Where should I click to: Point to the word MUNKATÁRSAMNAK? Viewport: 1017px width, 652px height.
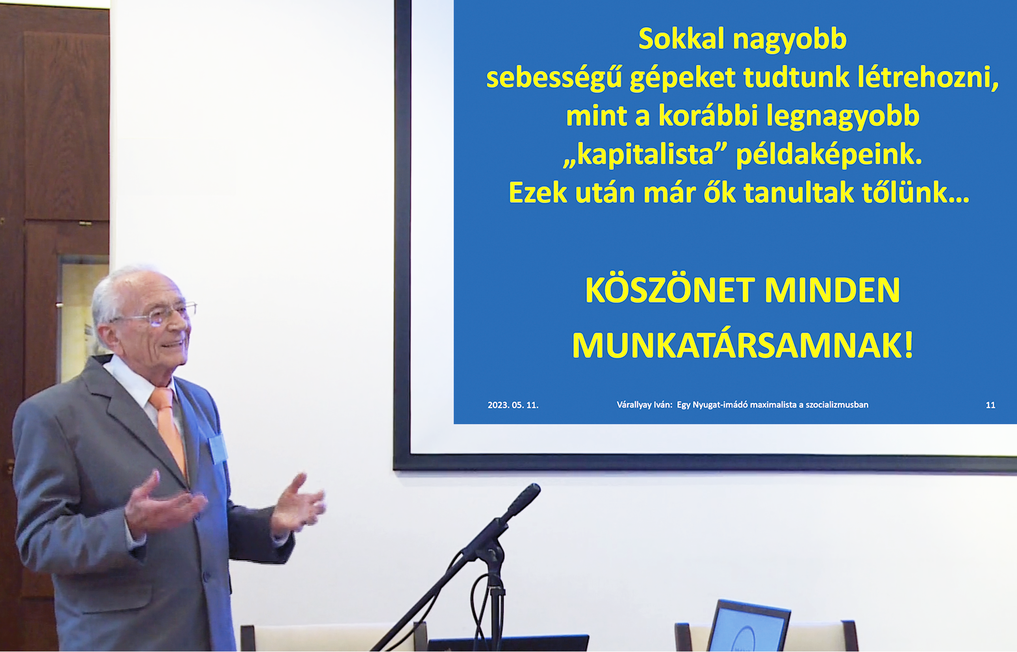(742, 345)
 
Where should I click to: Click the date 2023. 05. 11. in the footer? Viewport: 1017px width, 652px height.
(513, 405)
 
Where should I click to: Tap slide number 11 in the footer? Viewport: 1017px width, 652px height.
(990, 405)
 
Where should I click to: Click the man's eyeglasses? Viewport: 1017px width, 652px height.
(159, 314)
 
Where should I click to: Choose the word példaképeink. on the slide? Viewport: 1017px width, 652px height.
(828, 155)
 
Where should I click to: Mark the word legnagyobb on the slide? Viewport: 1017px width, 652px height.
(843, 116)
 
